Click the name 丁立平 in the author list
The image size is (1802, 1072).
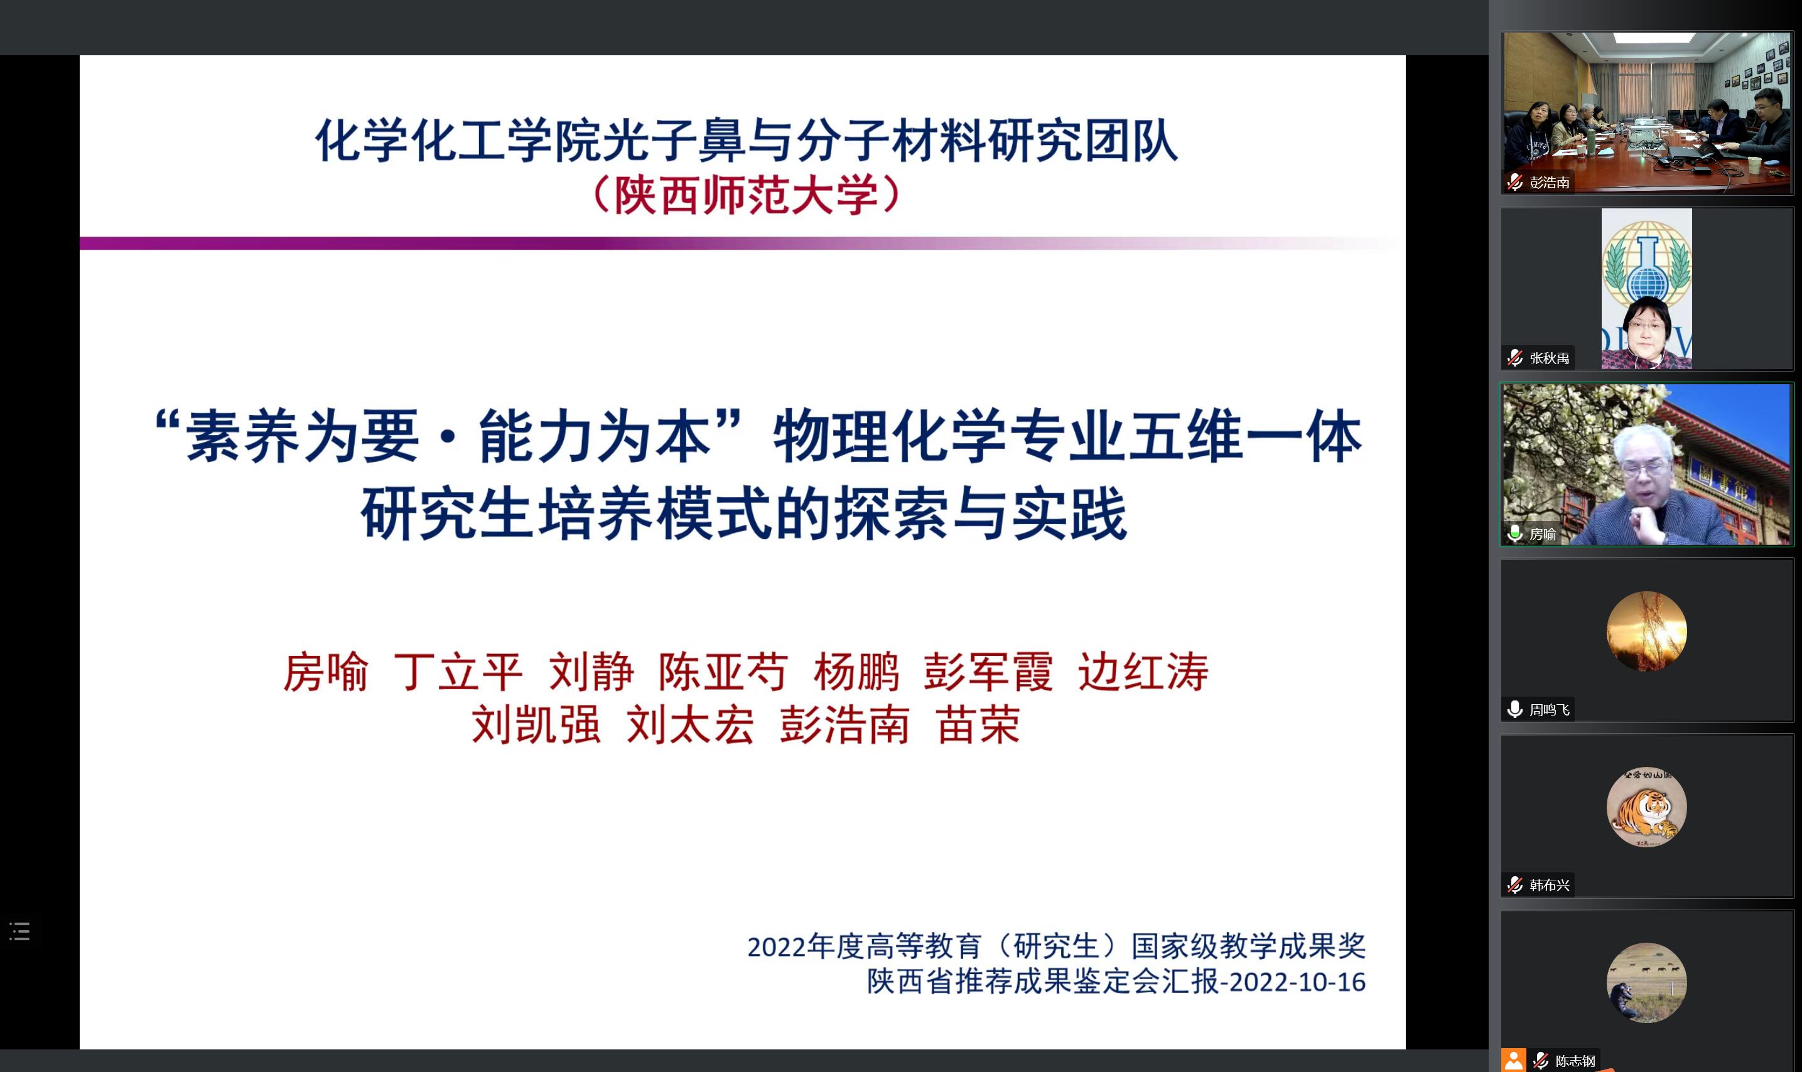[x=458, y=672]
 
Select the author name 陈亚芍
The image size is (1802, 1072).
[x=723, y=672]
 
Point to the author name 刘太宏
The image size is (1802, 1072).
[x=691, y=724]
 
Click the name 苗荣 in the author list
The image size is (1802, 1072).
[x=978, y=724]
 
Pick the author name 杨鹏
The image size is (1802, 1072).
[x=856, y=672]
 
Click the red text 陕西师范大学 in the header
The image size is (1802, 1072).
[x=747, y=195]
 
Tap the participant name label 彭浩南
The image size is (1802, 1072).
[x=1549, y=183]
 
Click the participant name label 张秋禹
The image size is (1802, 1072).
[x=1549, y=358]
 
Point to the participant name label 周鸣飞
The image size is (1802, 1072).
[x=1549, y=710]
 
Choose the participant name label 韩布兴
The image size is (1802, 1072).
[x=1549, y=886]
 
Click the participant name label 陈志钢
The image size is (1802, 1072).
[x=1575, y=1061]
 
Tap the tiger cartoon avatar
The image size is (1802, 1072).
[x=1647, y=807]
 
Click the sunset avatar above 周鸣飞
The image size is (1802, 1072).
[x=1647, y=631]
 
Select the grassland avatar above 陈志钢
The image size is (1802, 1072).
[x=1647, y=982]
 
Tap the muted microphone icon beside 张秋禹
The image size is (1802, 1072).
[x=1515, y=358]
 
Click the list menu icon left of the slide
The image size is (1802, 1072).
[x=19, y=931]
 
